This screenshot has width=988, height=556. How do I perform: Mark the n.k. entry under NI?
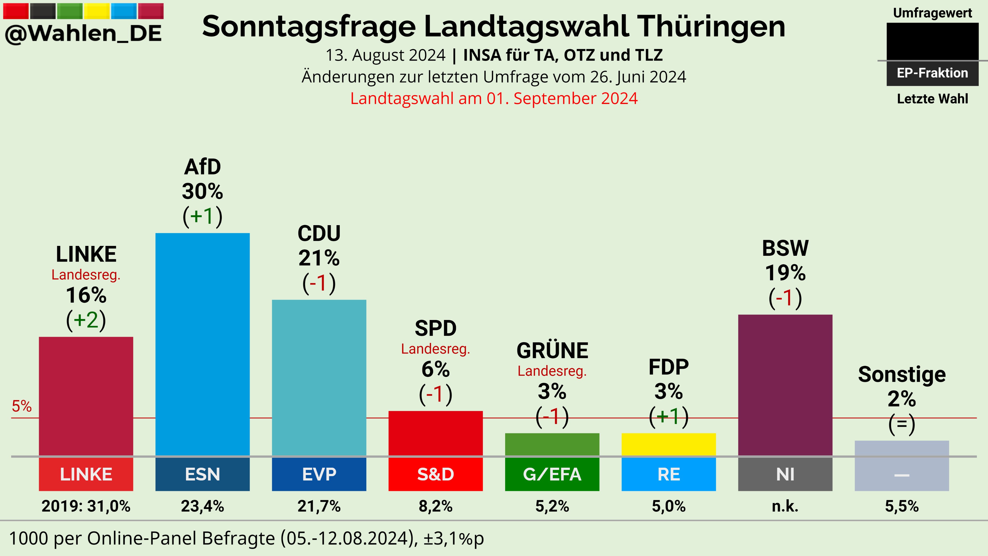785,507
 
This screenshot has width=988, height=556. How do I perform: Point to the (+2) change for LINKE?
86,320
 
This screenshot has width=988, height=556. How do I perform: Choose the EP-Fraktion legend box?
932,73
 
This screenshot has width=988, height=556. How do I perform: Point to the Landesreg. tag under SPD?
435,349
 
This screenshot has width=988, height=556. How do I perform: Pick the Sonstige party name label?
902,375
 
